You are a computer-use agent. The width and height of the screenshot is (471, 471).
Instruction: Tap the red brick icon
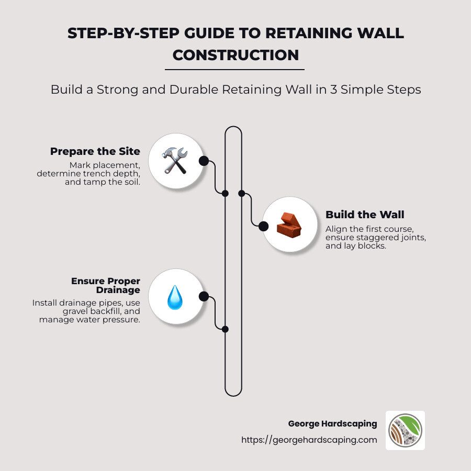[287, 225]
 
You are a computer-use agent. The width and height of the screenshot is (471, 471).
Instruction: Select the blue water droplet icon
[174, 297]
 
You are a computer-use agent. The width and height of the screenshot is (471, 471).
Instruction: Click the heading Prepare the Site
[95, 151]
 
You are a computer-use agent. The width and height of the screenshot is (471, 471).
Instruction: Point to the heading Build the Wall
[365, 215]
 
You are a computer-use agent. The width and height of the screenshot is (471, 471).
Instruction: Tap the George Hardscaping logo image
[405, 430]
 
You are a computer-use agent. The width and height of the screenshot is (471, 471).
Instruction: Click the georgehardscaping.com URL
[309, 440]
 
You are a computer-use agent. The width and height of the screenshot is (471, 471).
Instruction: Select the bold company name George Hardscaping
[332, 423]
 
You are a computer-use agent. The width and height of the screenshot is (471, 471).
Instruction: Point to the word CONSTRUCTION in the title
[235, 54]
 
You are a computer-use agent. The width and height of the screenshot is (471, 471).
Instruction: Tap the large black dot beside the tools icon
[204, 161]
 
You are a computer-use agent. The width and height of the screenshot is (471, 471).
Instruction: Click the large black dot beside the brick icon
[263, 226]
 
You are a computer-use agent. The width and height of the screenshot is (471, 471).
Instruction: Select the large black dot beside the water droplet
[204, 297]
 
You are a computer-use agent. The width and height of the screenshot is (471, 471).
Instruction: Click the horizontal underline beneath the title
[234, 69]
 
